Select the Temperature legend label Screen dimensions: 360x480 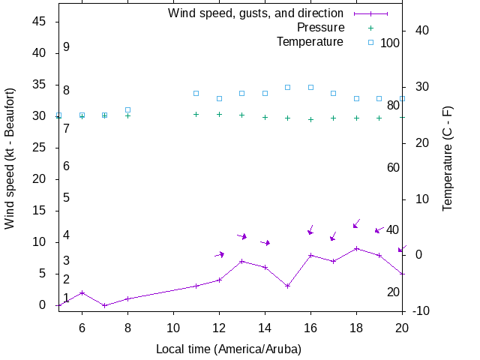[x=310, y=42]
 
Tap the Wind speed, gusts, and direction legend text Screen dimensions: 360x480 [x=256, y=13]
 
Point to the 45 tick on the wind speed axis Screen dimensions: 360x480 [x=41, y=22]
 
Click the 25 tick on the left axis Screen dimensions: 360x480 [x=41, y=148]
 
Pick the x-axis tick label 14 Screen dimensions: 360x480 [x=265, y=327]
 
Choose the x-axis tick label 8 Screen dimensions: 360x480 [x=127, y=327]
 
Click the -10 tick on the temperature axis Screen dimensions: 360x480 [x=421, y=310]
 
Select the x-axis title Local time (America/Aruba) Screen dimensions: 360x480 [x=229, y=349]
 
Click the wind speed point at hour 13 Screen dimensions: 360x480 [x=241, y=261]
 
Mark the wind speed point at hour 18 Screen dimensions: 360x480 [x=356, y=248]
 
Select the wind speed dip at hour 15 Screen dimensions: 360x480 [x=287, y=286]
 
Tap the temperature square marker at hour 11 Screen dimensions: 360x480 [x=196, y=93]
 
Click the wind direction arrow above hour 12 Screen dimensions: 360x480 [x=219, y=254]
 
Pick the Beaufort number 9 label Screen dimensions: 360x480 [x=66, y=47]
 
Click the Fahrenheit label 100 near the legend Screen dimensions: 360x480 [x=390, y=43]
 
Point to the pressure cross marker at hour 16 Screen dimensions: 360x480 [x=310, y=119]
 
